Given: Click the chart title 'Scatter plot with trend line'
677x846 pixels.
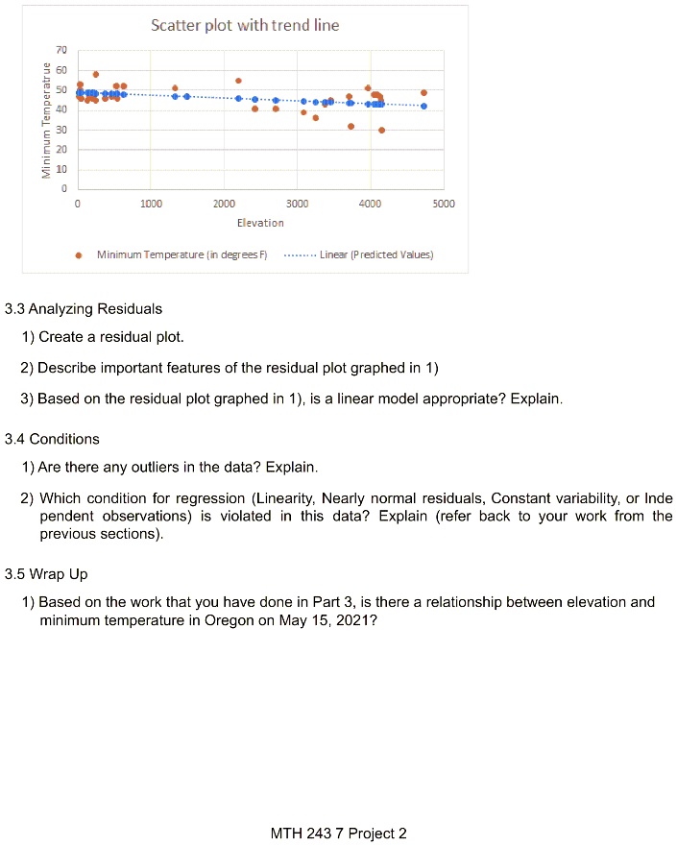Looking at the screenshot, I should (245, 25).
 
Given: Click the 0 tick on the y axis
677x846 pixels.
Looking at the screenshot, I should (62, 189).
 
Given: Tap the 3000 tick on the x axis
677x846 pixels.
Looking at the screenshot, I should (297, 205).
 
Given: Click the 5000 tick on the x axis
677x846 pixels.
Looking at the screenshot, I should (443, 205).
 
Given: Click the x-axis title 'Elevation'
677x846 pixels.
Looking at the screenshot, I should (260, 223).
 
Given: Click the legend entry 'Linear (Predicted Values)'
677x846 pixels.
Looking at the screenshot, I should (375, 255).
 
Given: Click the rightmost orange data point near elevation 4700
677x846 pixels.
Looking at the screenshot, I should (423, 93).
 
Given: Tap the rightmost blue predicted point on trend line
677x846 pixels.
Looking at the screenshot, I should (423, 107).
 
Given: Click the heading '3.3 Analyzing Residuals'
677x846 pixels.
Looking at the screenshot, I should (84, 309).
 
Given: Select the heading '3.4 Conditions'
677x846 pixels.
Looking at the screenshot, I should (52, 439).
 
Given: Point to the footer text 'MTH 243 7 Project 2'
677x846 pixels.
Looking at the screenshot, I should (339, 833).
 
